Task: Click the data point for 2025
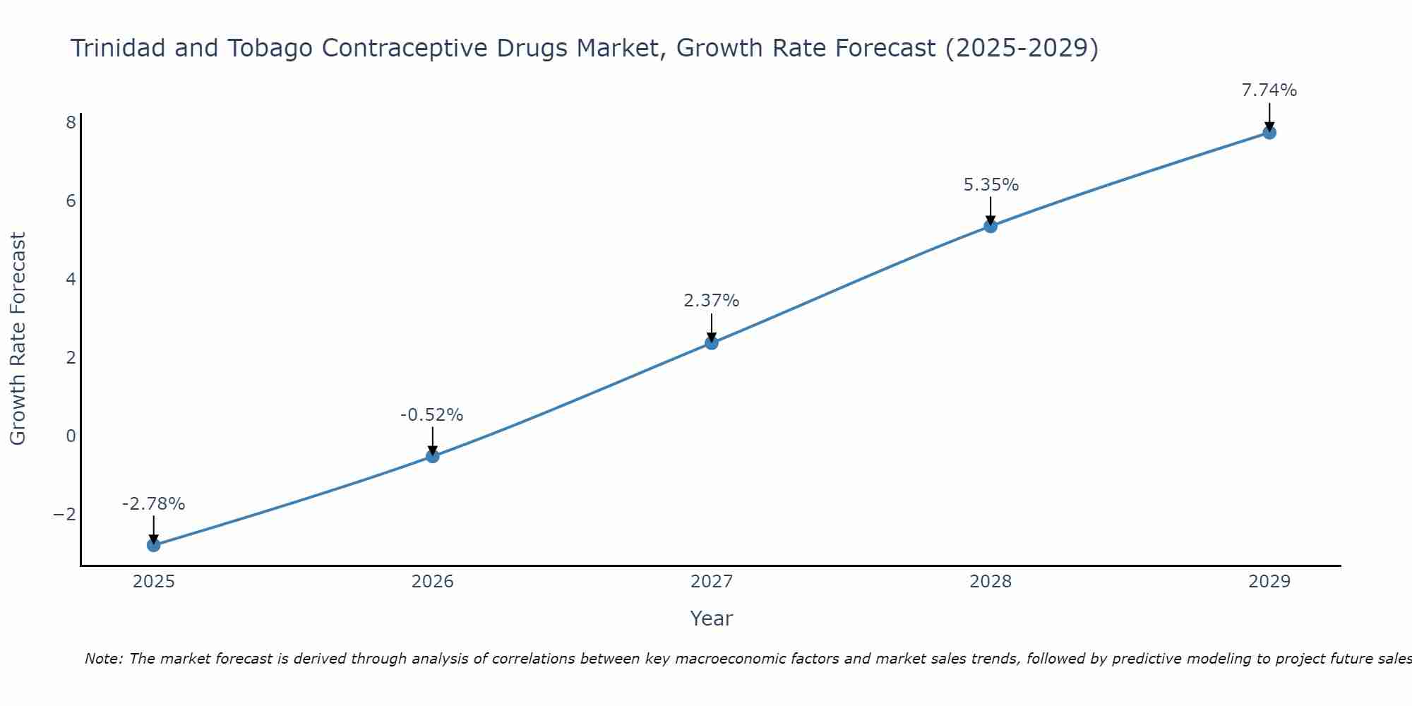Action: (x=154, y=545)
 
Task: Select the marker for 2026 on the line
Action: (x=433, y=456)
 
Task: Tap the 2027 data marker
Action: (x=712, y=343)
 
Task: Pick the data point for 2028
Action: (x=991, y=226)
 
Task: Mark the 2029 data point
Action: (x=1269, y=133)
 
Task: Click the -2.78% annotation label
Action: (x=153, y=504)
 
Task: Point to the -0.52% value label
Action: (x=431, y=415)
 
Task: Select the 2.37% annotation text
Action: (x=711, y=301)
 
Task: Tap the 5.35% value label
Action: (x=991, y=185)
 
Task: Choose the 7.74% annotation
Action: (x=1269, y=90)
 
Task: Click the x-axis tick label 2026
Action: (x=433, y=582)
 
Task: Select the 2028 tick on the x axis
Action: (x=991, y=582)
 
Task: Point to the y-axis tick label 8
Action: (x=71, y=123)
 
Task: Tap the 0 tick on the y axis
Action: (x=71, y=436)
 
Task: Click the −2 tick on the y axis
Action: (x=65, y=514)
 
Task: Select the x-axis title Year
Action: (x=711, y=618)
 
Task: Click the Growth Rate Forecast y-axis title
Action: (x=18, y=339)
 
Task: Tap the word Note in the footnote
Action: (x=103, y=659)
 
